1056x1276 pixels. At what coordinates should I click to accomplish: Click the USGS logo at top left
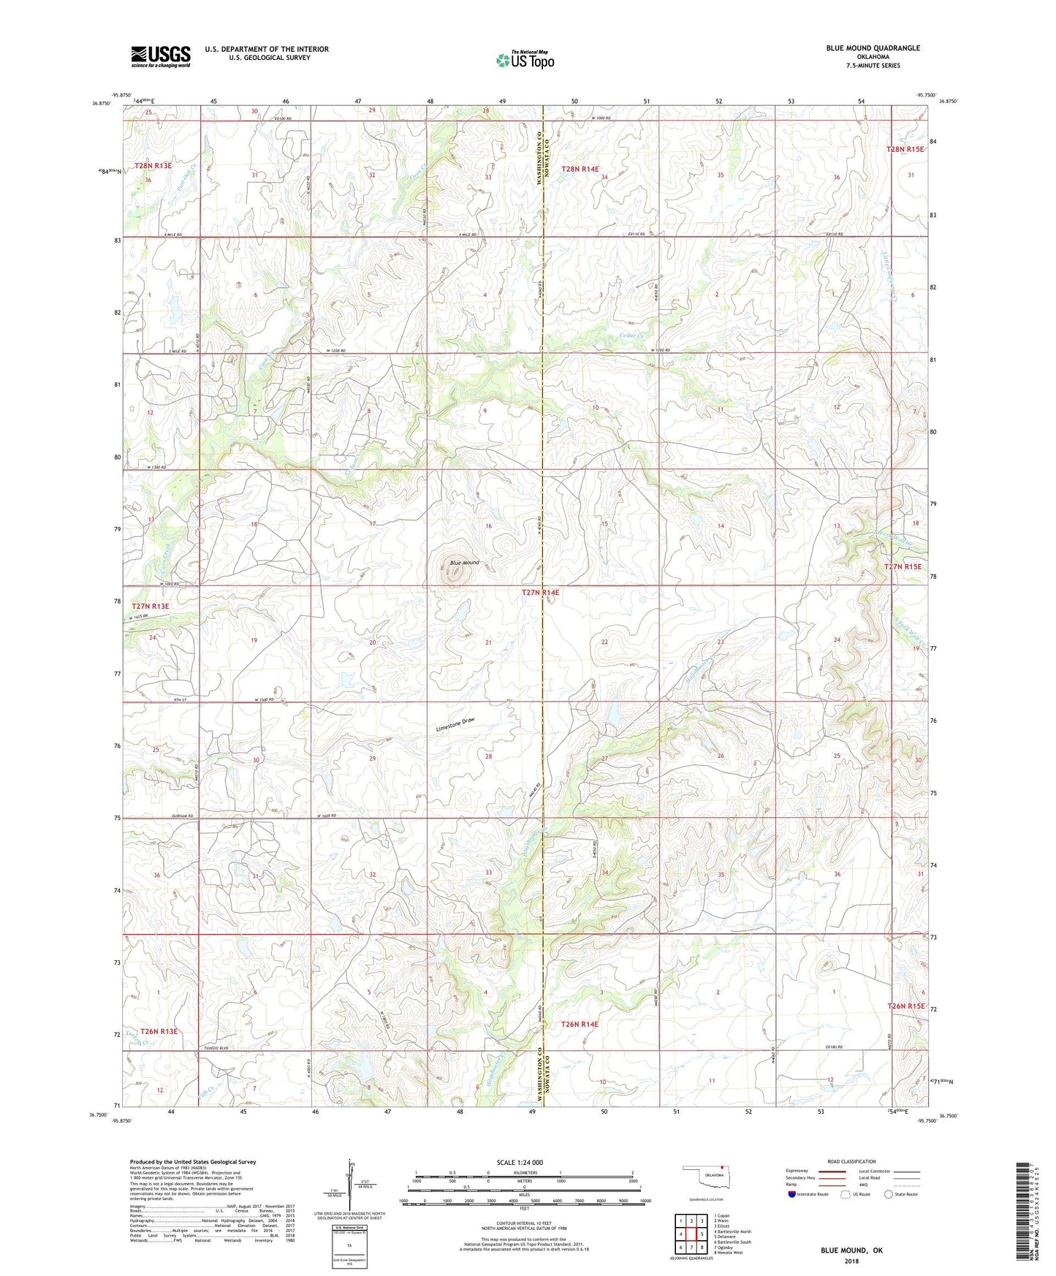161,56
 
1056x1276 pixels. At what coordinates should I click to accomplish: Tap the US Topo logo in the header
525,60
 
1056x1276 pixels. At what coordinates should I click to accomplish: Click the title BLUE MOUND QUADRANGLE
873,48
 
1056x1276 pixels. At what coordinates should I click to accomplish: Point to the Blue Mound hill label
464,563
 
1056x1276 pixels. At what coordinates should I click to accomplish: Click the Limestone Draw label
455,725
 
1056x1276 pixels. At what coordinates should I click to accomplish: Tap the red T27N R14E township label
541,593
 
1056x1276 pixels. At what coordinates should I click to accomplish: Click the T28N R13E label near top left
153,166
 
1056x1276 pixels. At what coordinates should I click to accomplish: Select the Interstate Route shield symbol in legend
793,1194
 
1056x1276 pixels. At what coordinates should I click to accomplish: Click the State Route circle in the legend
889,1194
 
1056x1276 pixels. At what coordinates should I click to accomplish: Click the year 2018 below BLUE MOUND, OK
851,1261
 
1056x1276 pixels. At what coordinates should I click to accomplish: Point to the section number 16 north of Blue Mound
488,526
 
